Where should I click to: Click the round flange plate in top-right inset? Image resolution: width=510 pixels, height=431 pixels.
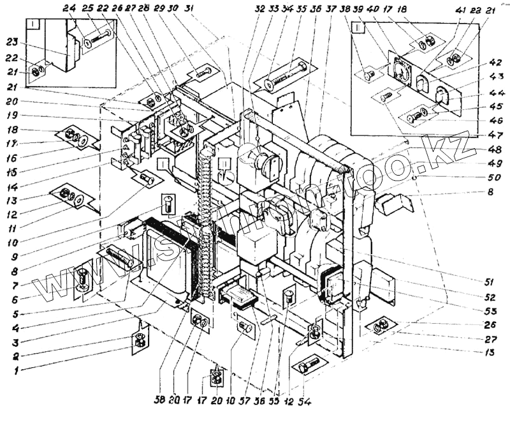point(400,72)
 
